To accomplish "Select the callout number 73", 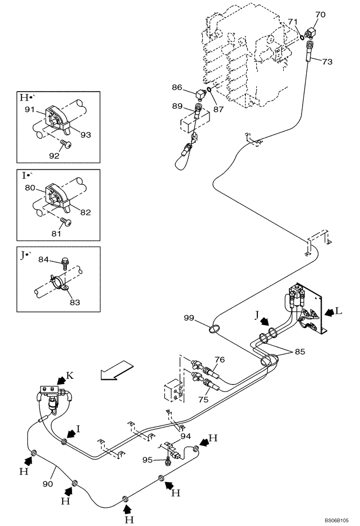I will [327, 62].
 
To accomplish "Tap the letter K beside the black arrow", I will [69, 377].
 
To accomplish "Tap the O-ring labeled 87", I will [209, 90].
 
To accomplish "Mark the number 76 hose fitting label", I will [219, 359].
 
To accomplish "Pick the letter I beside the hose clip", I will [78, 429].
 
